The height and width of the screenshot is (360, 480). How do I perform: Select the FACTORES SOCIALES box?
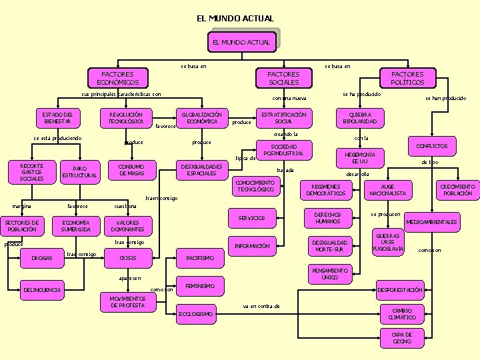(283, 78)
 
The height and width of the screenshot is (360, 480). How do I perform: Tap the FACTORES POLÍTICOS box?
(407, 78)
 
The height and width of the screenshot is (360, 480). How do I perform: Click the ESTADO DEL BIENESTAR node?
(57, 118)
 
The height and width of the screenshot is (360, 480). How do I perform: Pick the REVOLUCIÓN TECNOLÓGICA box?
(125, 118)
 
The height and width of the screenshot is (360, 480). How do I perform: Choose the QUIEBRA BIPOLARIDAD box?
(359, 118)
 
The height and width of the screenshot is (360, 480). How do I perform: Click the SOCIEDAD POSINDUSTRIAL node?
(284, 150)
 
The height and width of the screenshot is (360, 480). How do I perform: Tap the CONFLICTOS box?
(432, 146)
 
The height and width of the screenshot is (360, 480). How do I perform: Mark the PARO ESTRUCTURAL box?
(79, 171)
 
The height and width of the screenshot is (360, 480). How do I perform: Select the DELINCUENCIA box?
(42, 290)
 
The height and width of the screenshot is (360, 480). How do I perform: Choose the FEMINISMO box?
(201, 285)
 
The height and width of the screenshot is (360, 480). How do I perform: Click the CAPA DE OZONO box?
(401, 338)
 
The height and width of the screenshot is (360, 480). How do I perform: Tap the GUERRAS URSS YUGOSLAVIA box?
(388, 243)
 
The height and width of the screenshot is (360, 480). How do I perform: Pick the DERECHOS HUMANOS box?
(328, 217)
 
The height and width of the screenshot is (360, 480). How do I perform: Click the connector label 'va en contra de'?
(261, 306)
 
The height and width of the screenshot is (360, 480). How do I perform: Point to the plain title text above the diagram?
(235, 18)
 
